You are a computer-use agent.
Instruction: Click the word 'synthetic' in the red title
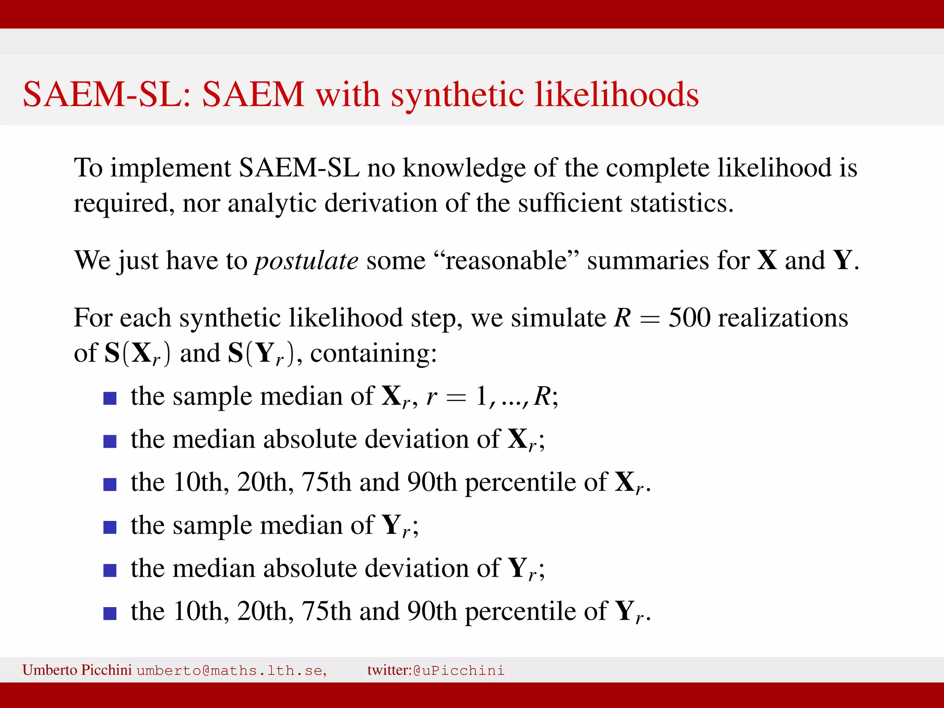tap(457, 94)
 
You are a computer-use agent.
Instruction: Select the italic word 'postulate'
tap(307, 260)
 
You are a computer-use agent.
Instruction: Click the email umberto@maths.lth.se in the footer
tap(231, 670)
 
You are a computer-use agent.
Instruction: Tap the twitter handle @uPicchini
tap(459, 670)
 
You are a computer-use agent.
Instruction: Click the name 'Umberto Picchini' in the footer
tap(77, 670)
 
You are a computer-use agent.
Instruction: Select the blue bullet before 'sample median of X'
tap(110, 398)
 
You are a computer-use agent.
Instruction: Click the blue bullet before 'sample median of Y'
tap(110, 527)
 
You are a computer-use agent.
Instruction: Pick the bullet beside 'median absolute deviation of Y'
tap(110, 570)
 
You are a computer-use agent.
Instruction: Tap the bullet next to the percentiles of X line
tap(110, 484)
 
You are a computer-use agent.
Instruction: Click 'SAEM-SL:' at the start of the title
tap(107, 94)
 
